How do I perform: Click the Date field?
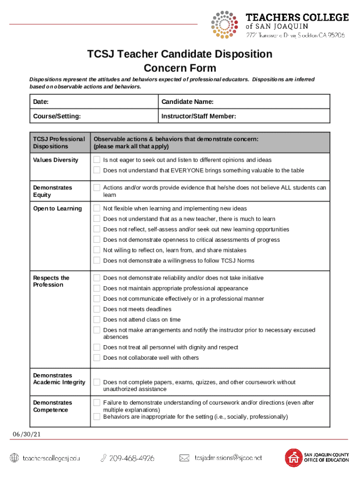tap(94, 102)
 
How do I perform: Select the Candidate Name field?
tap(244, 102)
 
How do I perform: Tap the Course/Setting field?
tap(94, 116)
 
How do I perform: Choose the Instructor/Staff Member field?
tap(244, 116)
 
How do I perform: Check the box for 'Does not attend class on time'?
tap(97, 319)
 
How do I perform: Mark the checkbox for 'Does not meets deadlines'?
tap(97, 309)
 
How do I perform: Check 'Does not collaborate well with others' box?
tap(97, 358)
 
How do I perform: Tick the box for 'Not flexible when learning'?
tap(97, 208)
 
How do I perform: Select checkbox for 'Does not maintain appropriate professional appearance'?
tap(97, 288)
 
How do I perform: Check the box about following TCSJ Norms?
tap(97, 261)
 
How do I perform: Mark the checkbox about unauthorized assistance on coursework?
tap(97, 382)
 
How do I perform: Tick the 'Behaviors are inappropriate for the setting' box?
tap(97, 416)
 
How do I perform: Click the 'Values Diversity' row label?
tap(56, 160)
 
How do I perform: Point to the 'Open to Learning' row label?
tap(57, 209)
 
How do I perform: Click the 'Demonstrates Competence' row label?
tap(52, 406)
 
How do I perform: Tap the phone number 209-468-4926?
tap(131, 458)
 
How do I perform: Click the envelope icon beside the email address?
tap(185, 458)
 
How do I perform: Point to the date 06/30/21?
tap(27, 434)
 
